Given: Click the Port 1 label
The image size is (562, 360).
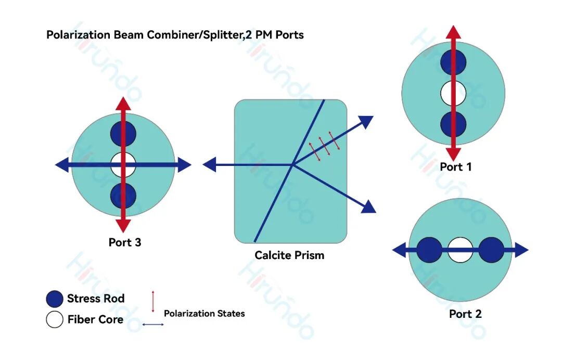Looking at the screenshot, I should [x=455, y=167].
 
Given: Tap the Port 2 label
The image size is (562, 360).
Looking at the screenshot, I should [x=465, y=314].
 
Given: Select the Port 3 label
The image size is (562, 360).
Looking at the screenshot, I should [x=124, y=242].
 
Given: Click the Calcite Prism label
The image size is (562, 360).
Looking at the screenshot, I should [x=289, y=255].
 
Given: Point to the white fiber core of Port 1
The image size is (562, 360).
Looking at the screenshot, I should [x=453, y=94].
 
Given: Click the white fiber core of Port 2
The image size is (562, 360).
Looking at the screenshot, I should [x=460, y=250].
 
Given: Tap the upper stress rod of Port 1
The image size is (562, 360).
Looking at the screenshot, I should [x=453, y=62].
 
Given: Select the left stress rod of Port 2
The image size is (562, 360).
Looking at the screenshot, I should [x=429, y=250].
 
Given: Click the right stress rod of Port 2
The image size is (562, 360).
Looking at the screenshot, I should [x=491, y=250].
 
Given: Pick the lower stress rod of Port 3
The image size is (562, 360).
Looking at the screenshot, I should [x=123, y=196].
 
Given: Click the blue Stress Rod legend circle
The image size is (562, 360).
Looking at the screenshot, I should [x=55, y=299].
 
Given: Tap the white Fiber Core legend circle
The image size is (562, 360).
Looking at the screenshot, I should [x=55, y=319].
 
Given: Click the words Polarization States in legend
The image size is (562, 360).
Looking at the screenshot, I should [x=204, y=314].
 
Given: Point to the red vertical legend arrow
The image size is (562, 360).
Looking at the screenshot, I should [x=153, y=302].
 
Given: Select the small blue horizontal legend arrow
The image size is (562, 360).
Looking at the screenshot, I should [x=153, y=325].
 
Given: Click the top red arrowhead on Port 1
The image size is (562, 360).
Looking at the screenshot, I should [x=453, y=31].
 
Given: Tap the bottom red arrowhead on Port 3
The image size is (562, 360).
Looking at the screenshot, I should [x=123, y=225].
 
